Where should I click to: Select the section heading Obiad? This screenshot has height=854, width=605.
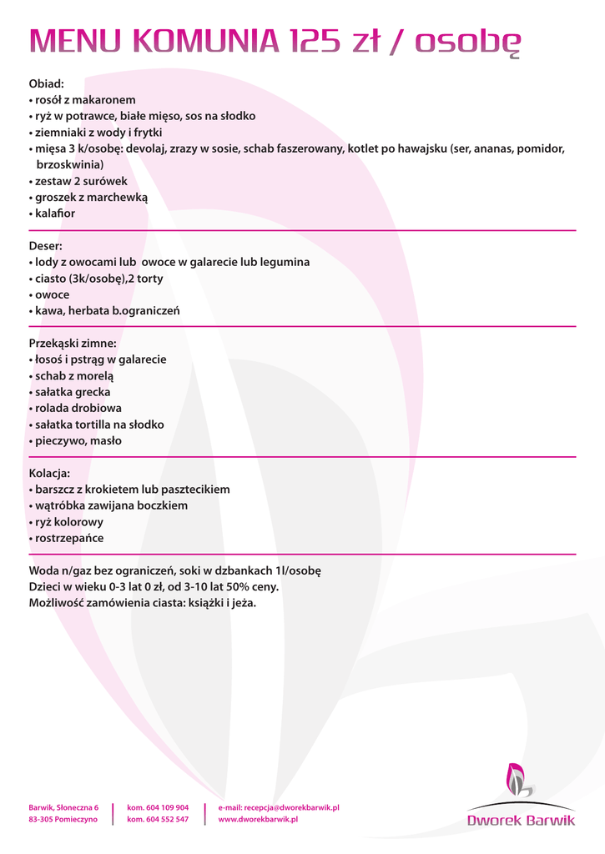click(47, 83)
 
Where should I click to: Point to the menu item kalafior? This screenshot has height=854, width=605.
click(55, 213)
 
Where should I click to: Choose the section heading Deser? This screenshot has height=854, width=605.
click(46, 246)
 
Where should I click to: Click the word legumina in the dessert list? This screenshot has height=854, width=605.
click(285, 262)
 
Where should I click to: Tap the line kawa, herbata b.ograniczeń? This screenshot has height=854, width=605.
click(108, 311)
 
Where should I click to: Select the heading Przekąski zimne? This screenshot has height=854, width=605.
click(73, 343)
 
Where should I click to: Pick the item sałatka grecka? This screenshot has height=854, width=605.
click(73, 392)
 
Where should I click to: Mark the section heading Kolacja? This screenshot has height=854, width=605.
click(50, 473)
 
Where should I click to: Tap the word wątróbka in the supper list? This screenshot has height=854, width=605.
click(61, 505)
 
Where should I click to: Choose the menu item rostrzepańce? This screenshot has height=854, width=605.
click(69, 538)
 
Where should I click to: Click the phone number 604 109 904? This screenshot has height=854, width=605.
click(167, 807)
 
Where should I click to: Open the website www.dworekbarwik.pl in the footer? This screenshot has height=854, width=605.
click(258, 820)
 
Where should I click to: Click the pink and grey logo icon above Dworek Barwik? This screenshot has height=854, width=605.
click(519, 779)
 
